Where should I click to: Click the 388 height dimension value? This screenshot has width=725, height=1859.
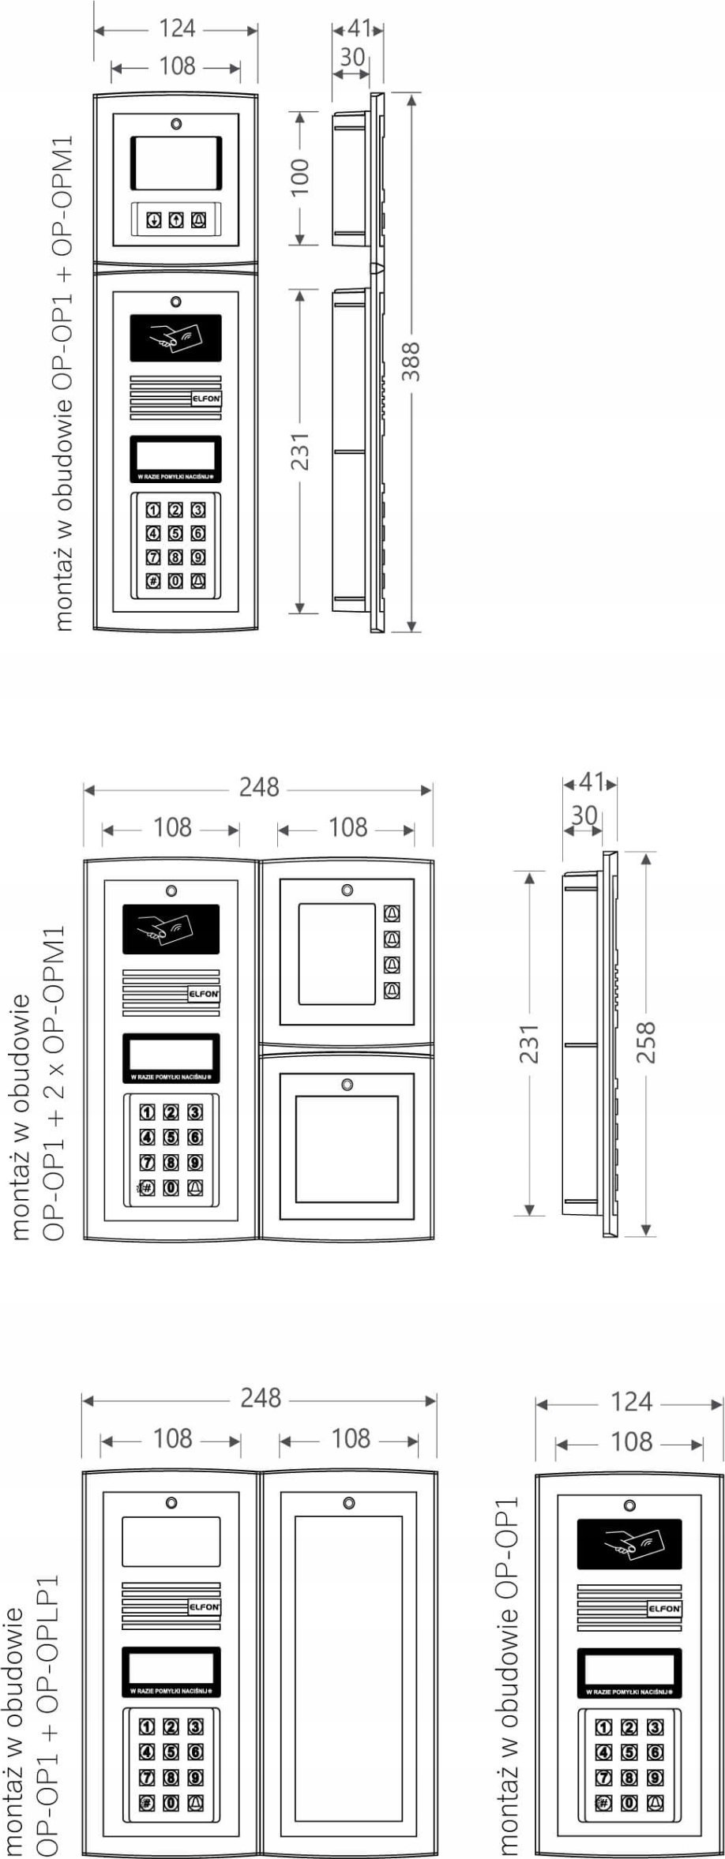coord(410,361)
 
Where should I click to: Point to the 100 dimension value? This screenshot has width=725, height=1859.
coord(300,178)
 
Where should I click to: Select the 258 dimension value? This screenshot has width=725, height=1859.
coord(646,1042)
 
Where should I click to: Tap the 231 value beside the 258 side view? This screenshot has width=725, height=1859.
coord(529,1044)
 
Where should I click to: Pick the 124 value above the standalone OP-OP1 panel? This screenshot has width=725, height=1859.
coord(631,1403)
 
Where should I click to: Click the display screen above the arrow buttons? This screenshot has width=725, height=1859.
coord(176,163)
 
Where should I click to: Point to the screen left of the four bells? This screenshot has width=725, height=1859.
coord(336,953)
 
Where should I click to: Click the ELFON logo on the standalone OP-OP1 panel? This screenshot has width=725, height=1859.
coord(663,1609)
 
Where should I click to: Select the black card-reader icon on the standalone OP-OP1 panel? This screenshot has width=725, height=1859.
coord(629,1544)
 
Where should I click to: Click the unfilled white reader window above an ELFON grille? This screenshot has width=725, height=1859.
coord(171,1541)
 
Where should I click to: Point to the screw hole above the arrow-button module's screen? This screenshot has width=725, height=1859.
coord(176,124)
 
